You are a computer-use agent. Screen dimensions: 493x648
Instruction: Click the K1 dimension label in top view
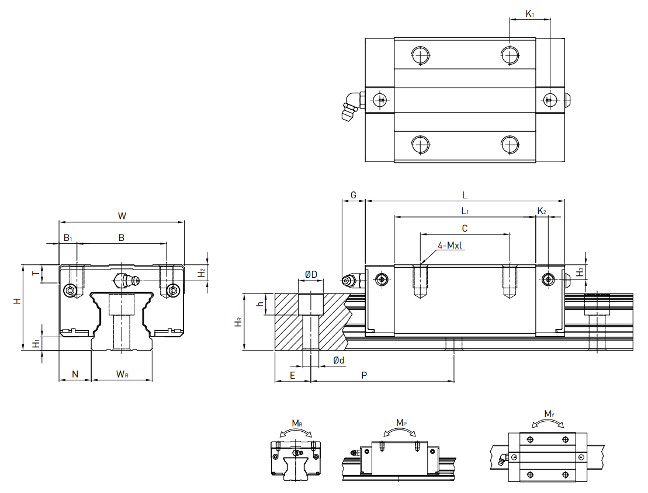(529, 13)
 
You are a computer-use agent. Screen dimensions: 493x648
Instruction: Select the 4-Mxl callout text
(450, 245)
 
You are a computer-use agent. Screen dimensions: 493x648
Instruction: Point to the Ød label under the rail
(339, 361)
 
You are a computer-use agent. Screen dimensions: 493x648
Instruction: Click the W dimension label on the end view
(122, 216)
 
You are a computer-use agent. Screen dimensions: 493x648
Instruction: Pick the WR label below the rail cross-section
(122, 374)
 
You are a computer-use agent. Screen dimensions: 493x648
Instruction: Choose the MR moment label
(297, 423)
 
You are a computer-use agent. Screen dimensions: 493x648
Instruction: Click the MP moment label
(401, 422)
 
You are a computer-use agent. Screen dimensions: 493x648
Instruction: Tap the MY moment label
(549, 414)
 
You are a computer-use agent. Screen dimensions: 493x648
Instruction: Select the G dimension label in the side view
(353, 194)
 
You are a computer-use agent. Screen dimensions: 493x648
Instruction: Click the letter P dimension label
(364, 375)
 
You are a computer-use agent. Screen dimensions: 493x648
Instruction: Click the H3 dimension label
(580, 272)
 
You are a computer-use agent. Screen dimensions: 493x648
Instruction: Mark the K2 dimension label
(542, 211)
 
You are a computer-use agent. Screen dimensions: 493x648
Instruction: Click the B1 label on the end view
(68, 237)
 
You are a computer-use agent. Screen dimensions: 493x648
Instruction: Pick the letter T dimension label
(34, 273)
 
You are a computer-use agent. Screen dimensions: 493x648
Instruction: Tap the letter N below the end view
(75, 374)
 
